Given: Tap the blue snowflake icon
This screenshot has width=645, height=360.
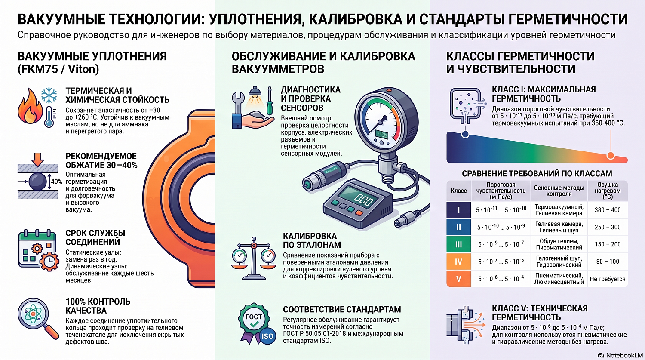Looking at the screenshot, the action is pyautogui.click(x=49, y=95).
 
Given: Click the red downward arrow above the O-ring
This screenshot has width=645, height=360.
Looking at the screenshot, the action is pyautogui.click(x=37, y=160).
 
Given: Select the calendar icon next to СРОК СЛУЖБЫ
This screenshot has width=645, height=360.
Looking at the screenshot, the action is pyautogui.click(x=38, y=249).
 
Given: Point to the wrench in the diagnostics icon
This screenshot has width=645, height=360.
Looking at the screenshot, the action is pyautogui.click(x=238, y=104).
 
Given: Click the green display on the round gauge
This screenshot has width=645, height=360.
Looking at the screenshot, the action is pyautogui.click(x=381, y=135).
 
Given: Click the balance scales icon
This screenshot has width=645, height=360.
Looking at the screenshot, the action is pyautogui.click(x=253, y=258).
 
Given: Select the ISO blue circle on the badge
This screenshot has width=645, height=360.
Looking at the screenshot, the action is pyautogui.click(x=267, y=336).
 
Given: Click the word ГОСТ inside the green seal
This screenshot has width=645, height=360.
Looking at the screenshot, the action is pyautogui.click(x=254, y=317).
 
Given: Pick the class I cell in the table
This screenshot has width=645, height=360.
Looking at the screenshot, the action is pyautogui.click(x=459, y=210).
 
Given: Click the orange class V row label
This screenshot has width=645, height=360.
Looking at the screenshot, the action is pyautogui.click(x=459, y=279).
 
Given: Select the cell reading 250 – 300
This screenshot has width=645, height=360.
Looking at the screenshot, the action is pyautogui.click(x=608, y=227).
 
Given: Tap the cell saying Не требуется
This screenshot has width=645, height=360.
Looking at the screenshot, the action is pyautogui.click(x=608, y=279).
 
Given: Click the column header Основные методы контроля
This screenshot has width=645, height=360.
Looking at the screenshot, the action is pyautogui.click(x=559, y=191).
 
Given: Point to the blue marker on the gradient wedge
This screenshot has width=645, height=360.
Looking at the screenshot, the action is pyautogui.click(x=465, y=134).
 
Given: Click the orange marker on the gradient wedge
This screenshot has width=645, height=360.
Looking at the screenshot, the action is pyautogui.click(x=611, y=156).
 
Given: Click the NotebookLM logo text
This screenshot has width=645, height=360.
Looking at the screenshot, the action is pyautogui.click(x=624, y=355).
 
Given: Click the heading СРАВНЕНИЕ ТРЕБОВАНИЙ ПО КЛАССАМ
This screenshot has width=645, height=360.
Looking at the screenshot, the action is pyautogui.click(x=537, y=174).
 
